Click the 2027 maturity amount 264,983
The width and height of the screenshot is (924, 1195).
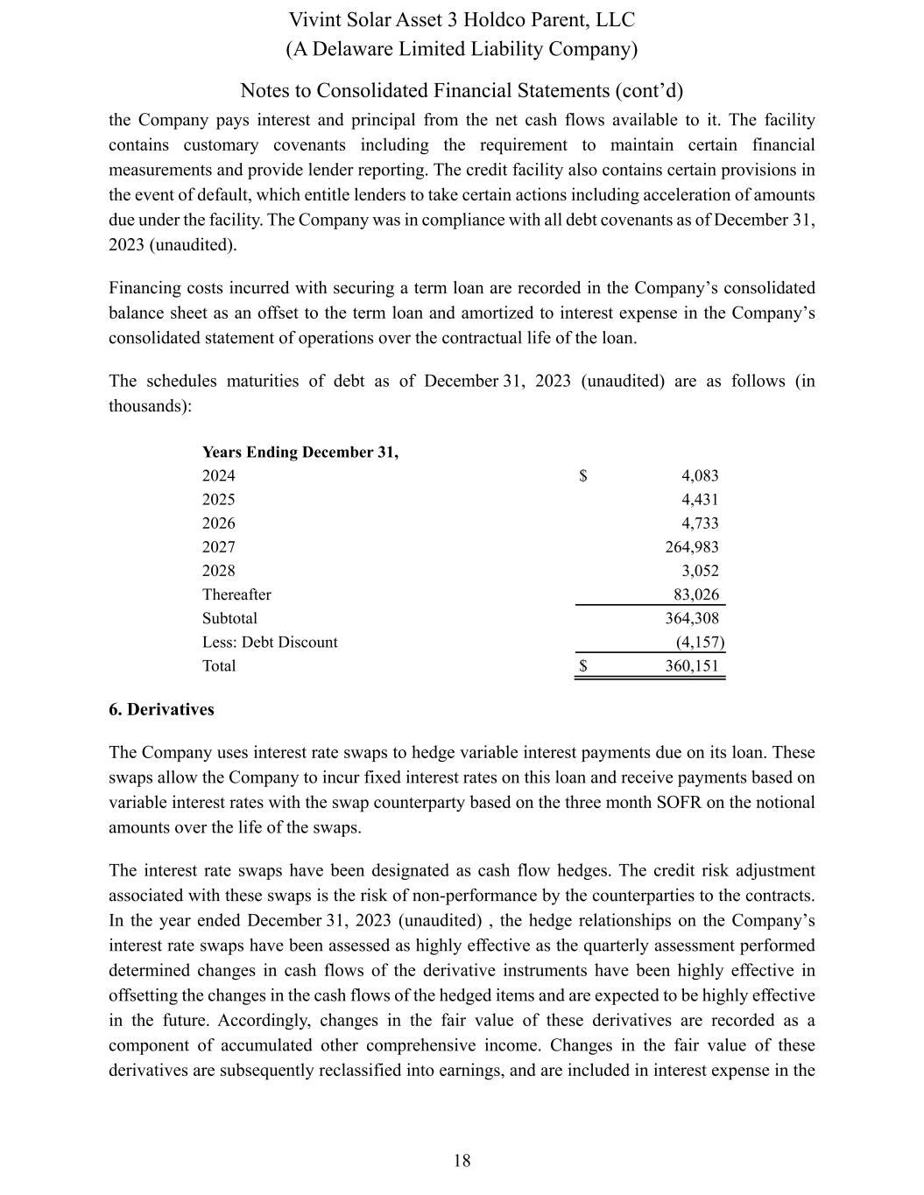(692, 547)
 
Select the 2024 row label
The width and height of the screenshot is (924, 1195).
(219, 476)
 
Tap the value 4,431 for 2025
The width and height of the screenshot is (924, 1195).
(700, 500)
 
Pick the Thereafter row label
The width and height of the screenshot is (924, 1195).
(236, 594)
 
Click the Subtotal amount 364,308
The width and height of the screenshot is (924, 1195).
(692, 618)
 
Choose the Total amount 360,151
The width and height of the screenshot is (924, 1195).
(692, 665)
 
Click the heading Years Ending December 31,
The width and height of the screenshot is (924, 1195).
(300, 453)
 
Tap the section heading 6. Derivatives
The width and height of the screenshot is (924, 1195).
(161, 710)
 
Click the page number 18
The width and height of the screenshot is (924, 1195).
(462, 1161)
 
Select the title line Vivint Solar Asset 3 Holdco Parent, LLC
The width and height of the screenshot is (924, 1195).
(462, 20)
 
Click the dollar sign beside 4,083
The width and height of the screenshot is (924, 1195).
(583, 476)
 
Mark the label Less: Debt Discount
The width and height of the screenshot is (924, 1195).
(270, 642)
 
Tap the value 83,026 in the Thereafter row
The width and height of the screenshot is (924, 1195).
(696, 594)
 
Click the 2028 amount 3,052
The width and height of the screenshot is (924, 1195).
(700, 571)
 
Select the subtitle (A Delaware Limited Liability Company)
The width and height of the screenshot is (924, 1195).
(462, 49)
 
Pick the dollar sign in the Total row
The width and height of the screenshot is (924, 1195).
(583, 665)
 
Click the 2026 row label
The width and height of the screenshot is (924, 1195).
(219, 524)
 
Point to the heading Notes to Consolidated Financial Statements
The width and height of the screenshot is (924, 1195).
(462, 91)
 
